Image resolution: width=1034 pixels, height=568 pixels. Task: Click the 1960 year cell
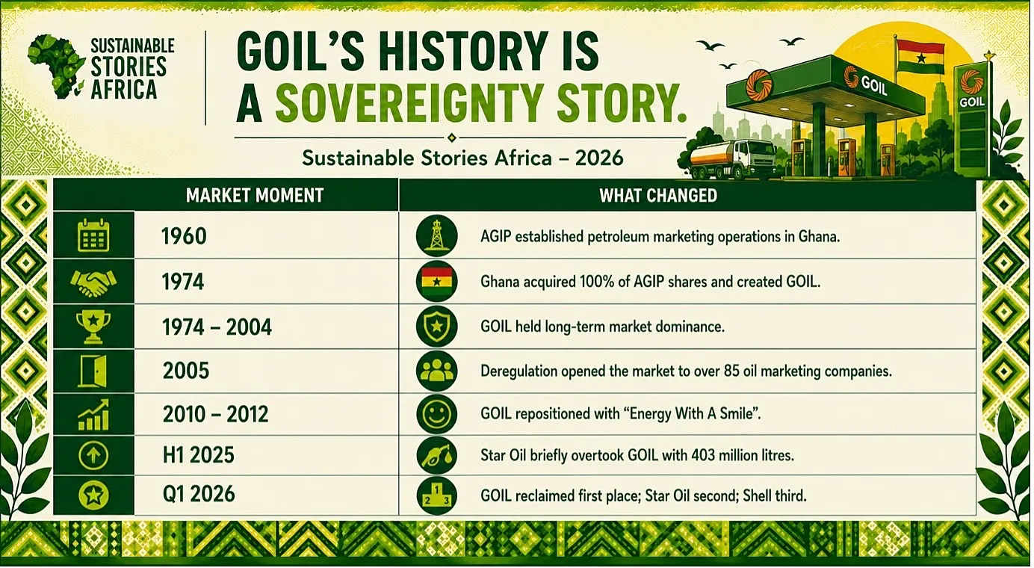(184, 236)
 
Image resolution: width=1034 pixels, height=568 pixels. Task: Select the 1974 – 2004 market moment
(217, 327)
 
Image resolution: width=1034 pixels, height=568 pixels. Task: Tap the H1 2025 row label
(199, 455)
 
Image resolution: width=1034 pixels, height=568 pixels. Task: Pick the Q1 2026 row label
(199, 494)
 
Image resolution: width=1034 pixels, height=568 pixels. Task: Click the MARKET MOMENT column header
(254, 195)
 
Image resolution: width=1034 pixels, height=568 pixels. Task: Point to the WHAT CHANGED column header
(658, 195)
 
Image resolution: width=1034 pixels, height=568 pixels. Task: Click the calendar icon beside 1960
(93, 235)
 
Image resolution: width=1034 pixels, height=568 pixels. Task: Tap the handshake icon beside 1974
(93, 283)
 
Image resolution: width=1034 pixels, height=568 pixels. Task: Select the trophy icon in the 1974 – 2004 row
(93, 327)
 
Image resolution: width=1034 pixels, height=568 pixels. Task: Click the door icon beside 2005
(93, 371)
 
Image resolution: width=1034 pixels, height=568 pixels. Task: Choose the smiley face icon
(436, 414)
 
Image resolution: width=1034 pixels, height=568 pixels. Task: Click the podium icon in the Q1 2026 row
(436, 496)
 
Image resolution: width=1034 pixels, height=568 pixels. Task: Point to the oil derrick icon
(436, 235)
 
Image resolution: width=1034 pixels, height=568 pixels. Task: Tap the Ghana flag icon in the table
(436, 281)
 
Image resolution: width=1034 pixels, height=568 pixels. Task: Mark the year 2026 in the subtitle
(599, 158)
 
